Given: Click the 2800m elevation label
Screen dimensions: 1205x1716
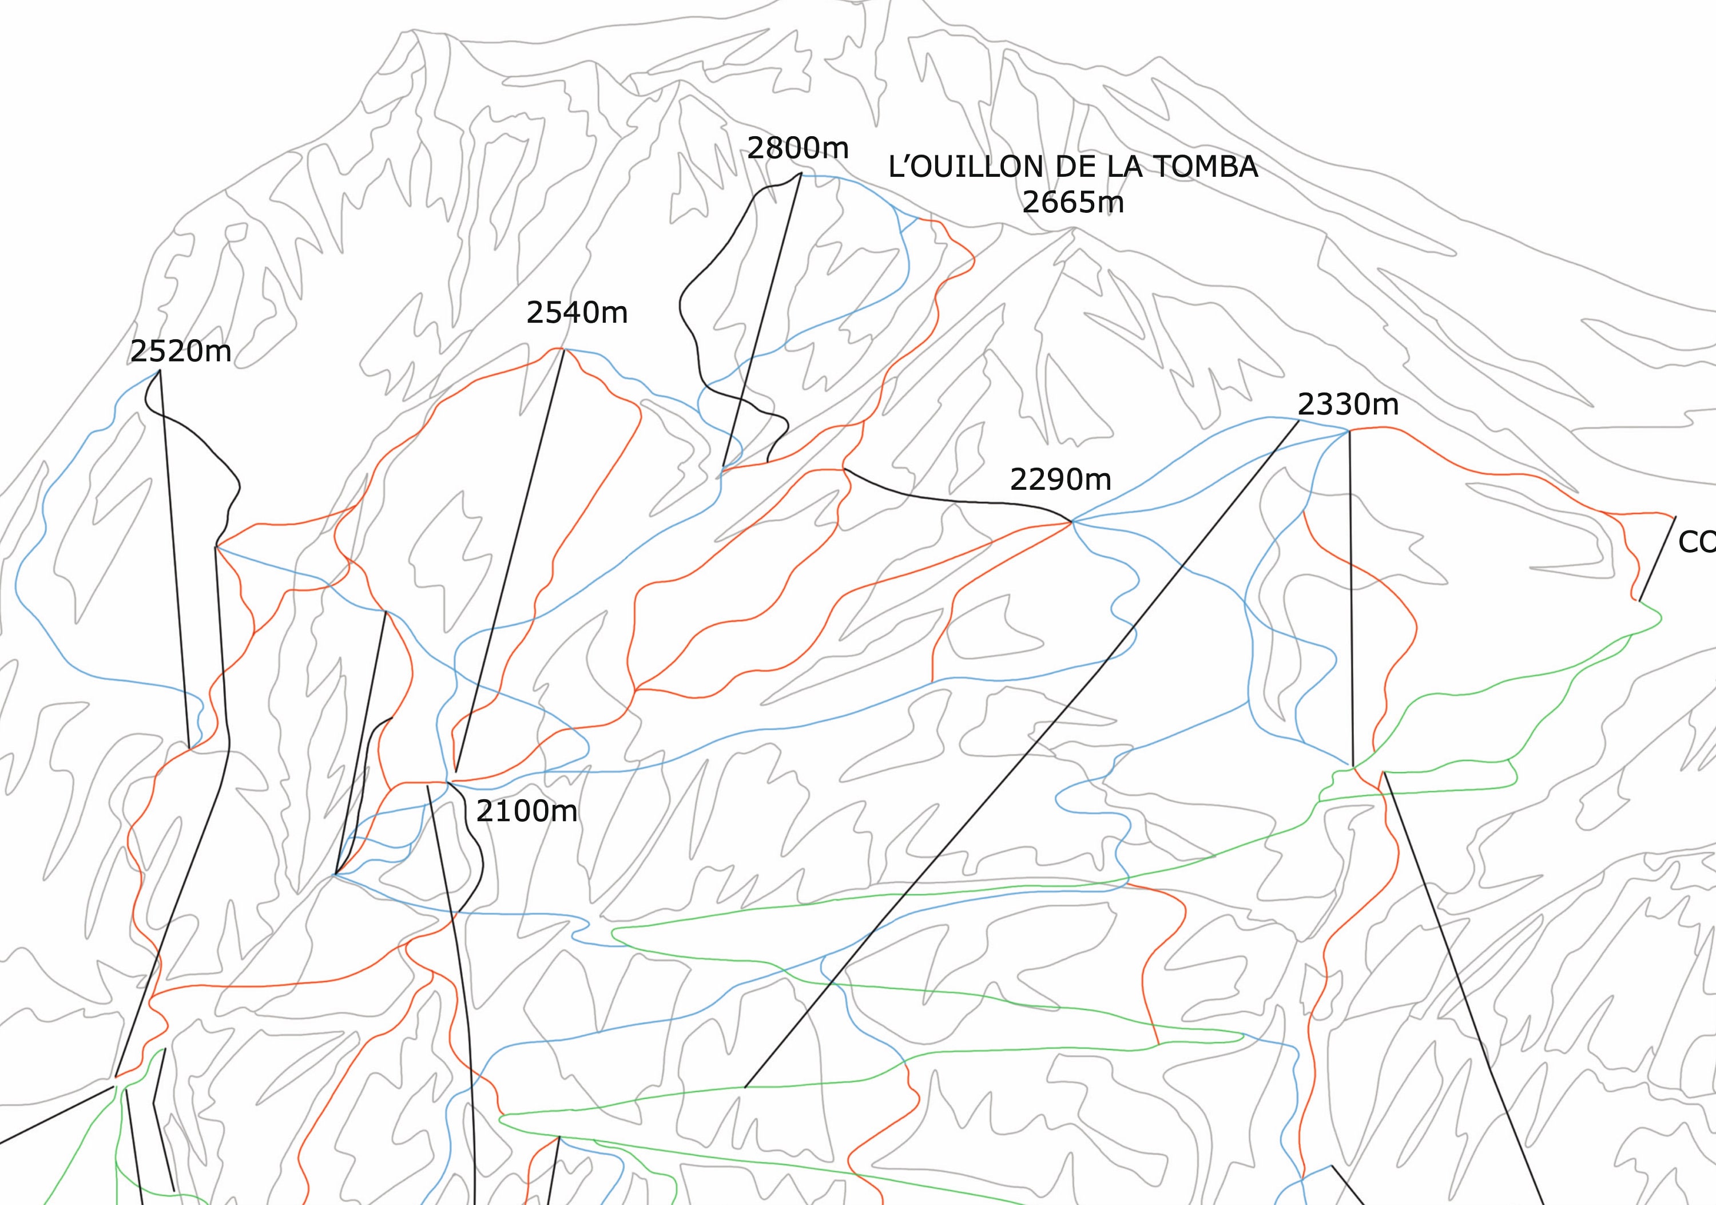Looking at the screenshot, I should pyautogui.click(x=797, y=149).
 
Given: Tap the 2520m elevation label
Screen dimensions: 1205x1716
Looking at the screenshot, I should pyautogui.click(x=181, y=351).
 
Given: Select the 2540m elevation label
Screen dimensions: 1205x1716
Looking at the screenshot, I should pyautogui.click(x=577, y=312).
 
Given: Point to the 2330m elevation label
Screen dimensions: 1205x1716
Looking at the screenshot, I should pyautogui.click(x=1348, y=405).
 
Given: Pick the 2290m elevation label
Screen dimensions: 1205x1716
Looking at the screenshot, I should pyautogui.click(x=1060, y=479).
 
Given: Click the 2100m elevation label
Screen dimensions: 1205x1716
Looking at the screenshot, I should pyautogui.click(x=527, y=811).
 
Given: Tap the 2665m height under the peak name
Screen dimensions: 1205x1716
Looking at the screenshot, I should pyautogui.click(x=1073, y=203).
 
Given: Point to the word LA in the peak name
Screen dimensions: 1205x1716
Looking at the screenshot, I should pyautogui.click(x=1125, y=167).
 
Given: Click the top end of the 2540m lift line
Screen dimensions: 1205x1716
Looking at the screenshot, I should pyautogui.click(x=564, y=349).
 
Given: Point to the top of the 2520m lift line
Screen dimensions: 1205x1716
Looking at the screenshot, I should pyautogui.click(x=159, y=371).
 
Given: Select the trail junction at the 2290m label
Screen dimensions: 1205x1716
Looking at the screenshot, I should pyautogui.click(x=1072, y=521).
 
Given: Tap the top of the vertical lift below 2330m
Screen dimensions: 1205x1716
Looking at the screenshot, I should pyautogui.click(x=1349, y=431).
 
